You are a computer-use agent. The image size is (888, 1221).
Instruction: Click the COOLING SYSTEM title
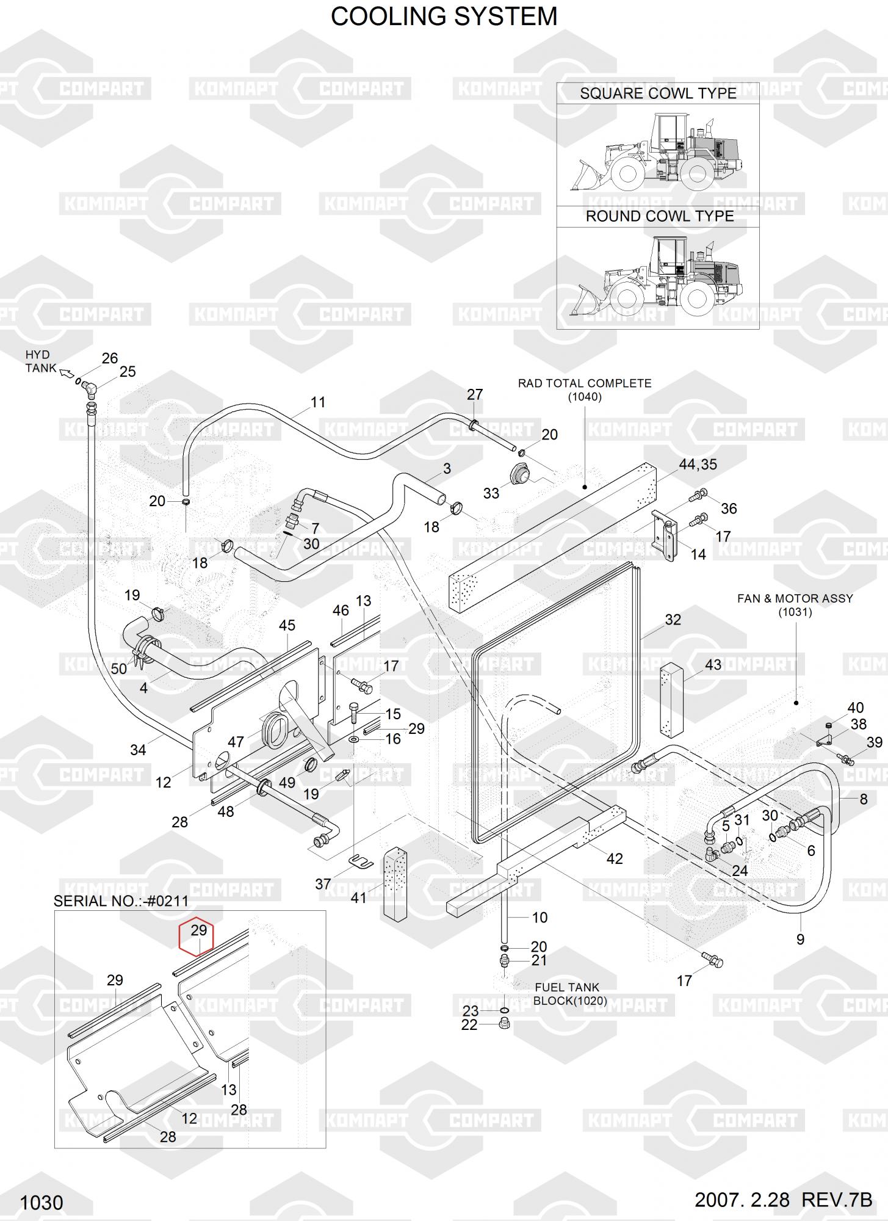coord(444,16)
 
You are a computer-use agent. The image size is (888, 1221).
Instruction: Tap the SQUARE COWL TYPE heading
coord(658,93)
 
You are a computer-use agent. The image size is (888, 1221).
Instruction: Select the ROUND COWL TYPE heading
coord(660,216)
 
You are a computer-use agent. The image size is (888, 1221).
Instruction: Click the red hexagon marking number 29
coord(195,937)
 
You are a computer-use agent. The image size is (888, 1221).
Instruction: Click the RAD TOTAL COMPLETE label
coord(585,390)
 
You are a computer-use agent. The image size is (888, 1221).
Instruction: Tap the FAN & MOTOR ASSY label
coord(795,605)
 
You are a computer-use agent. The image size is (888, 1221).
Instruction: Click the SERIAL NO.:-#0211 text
coord(121,901)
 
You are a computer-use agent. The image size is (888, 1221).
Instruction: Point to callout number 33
coord(491,493)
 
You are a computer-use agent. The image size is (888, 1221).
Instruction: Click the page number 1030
coord(42,1203)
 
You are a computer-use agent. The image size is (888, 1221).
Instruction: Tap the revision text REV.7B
coord(837,1200)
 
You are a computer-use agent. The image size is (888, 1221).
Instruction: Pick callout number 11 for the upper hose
coord(318,402)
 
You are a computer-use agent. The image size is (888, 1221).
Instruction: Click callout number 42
coord(615,858)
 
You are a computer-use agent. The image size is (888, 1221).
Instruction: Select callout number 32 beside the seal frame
coord(673,620)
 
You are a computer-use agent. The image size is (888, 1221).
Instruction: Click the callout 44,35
coord(698,465)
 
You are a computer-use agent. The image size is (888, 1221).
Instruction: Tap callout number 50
coord(119,669)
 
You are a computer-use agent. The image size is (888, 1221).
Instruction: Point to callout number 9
coord(801,940)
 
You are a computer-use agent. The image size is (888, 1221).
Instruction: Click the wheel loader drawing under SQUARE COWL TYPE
coord(657,153)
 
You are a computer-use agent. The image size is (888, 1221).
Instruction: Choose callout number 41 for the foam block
coord(359,897)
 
